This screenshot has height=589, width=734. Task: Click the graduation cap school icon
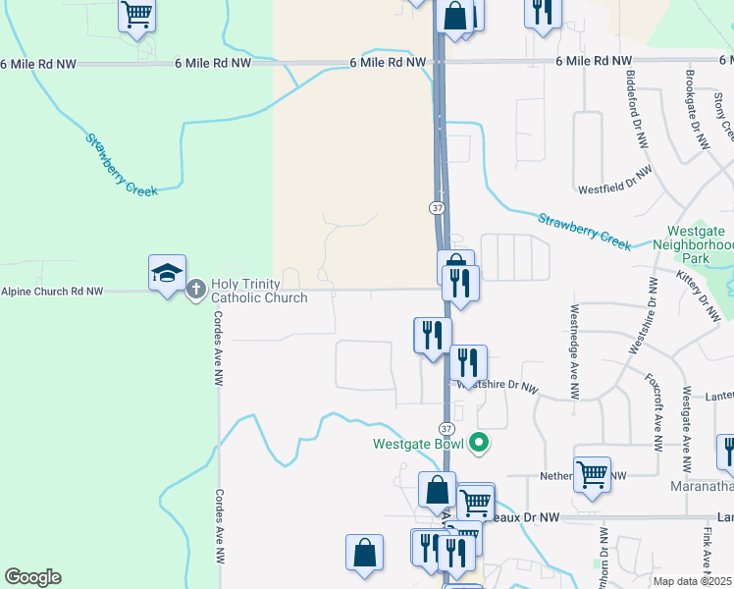point(167,272)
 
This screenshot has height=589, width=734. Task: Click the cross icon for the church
point(195,290)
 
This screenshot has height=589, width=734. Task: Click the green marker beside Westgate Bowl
point(479,444)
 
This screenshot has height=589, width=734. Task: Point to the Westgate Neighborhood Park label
point(694,244)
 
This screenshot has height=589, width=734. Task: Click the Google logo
point(31,577)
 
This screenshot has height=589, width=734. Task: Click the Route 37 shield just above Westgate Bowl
point(446,429)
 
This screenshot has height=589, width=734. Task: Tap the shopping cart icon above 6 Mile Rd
point(136,16)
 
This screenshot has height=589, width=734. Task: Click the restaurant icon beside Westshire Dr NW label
point(468,362)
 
